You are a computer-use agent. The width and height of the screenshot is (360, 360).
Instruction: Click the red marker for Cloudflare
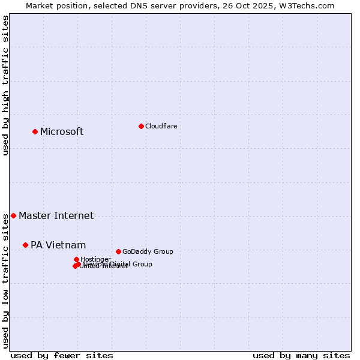tap(141, 126)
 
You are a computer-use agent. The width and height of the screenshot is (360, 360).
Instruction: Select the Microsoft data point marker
tap(35, 131)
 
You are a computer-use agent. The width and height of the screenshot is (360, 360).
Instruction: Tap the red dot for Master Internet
tap(13, 215)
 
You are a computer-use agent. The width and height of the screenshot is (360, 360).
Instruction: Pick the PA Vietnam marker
tap(25, 245)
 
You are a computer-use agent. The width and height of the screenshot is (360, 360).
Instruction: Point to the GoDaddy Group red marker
tap(118, 251)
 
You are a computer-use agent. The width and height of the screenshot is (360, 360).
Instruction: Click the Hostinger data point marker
tap(76, 259)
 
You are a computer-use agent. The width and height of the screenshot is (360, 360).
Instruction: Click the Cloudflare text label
tap(161, 126)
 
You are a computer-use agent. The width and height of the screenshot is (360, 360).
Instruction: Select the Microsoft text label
tap(62, 132)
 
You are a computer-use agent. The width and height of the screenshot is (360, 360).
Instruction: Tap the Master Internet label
tap(56, 216)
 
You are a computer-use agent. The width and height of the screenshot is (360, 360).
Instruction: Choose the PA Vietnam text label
tap(58, 245)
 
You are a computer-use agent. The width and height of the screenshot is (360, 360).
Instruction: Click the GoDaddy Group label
tap(148, 251)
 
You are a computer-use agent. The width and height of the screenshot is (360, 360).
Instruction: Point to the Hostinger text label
tap(95, 259)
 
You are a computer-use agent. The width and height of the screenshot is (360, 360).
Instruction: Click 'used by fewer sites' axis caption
tap(62, 355)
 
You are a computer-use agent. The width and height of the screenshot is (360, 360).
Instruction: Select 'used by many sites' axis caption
tap(301, 355)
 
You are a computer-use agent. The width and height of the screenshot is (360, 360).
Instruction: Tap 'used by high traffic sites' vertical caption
tap(6, 85)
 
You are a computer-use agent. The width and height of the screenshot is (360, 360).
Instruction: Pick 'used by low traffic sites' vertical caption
tap(6, 280)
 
